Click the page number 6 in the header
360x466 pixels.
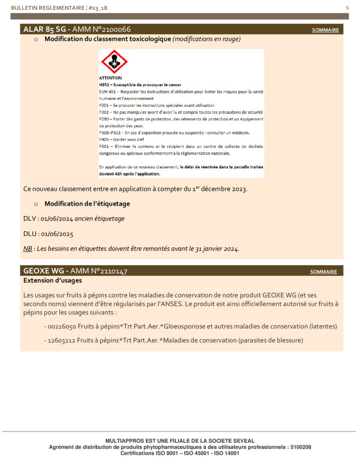point(347,8)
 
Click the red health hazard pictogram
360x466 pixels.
point(114,62)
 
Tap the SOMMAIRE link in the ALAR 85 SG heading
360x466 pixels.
point(325,30)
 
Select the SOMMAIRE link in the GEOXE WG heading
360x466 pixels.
point(324,272)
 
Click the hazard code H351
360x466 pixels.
point(105,85)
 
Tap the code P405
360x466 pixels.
point(105,140)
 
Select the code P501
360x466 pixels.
point(105,147)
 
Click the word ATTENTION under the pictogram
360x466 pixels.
point(110,78)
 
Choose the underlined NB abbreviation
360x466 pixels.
point(27,249)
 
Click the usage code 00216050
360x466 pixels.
point(62,327)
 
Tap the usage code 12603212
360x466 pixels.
point(62,340)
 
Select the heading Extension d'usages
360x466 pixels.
point(52,281)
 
